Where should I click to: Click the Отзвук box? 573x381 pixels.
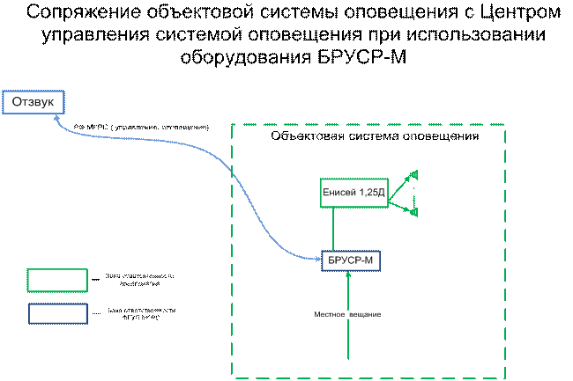pos(33,102)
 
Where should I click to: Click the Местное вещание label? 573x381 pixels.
pos(348,314)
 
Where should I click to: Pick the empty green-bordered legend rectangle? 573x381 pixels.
pos(57,280)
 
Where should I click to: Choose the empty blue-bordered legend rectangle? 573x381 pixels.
pos(57,313)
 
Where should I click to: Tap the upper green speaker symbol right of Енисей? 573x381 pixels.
pos(413,175)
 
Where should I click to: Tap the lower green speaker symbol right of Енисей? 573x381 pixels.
pos(413,211)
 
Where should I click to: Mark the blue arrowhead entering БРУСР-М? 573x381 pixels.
pos(318,259)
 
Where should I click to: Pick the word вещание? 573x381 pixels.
pos(366,314)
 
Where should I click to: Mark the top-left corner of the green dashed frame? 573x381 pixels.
pos(233,126)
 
